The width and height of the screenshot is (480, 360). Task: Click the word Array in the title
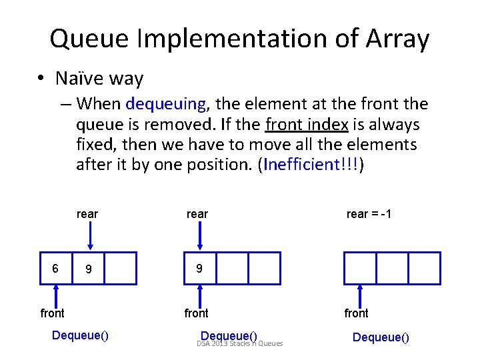click(x=397, y=39)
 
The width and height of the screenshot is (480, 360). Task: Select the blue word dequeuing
click(x=165, y=104)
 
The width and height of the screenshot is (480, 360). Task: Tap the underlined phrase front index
click(x=308, y=124)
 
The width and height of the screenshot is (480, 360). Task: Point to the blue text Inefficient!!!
click(x=311, y=165)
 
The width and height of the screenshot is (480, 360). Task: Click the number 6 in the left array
click(x=56, y=268)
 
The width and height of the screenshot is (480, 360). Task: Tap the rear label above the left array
click(x=87, y=214)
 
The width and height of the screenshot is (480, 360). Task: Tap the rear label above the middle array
click(x=197, y=214)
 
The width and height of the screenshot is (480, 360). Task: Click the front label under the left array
click(x=53, y=313)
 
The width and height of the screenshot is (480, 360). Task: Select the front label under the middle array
click(x=197, y=313)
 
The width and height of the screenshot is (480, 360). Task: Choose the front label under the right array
click(x=356, y=313)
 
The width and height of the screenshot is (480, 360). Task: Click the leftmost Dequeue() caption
click(x=80, y=335)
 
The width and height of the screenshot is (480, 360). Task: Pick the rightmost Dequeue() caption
click(x=381, y=337)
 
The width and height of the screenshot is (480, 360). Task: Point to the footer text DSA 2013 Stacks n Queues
click(x=240, y=344)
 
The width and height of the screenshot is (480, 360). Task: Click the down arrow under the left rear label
click(x=90, y=236)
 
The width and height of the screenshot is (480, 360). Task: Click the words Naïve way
click(x=99, y=79)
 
